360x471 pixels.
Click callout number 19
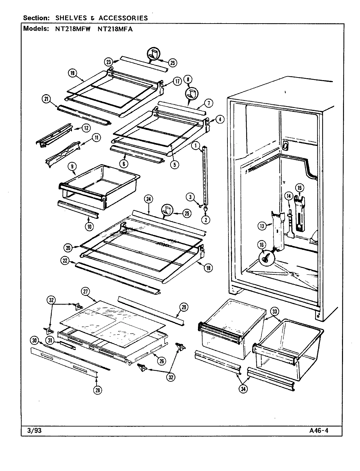pyautogui.click(x=72, y=73)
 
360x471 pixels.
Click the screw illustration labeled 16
pyautogui.click(x=265, y=259)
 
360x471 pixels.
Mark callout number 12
pyautogui.click(x=86, y=128)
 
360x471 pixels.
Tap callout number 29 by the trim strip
pyautogui.click(x=184, y=306)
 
